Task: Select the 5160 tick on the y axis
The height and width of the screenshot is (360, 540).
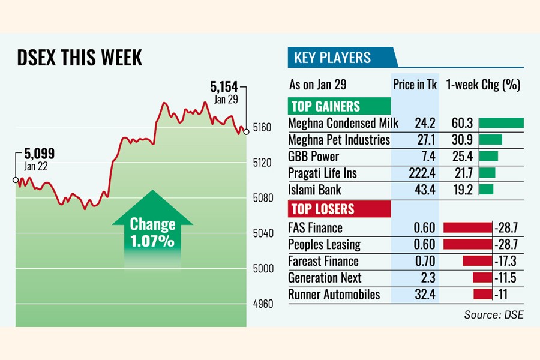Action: (262, 127)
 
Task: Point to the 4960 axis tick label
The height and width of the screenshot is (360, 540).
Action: (262, 304)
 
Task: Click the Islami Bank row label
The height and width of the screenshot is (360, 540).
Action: (315, 190)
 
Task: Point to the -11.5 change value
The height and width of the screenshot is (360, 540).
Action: (506, 278)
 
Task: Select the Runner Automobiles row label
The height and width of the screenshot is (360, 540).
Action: (334, 295)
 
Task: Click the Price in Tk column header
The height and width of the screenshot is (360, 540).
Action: (415, 85)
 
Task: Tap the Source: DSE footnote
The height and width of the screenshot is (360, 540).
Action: (493, 314)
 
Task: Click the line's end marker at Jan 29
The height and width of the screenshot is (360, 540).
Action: (246, 131)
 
